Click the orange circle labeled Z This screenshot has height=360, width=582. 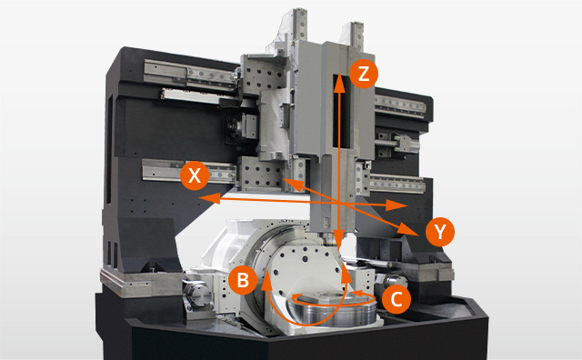pyautogui.click(x=363, y=75)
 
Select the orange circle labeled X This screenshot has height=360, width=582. pyautogui.click(x=195, y=175)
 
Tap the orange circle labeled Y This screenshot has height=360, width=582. pyautogui.click(x=440, y=233)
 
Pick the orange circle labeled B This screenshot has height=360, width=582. pyautogui.click(x=242, y=279)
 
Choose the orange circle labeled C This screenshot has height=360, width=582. pyautogui.click(x=395, y=296)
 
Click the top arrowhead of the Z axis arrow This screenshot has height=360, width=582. pyautogui.click(x=339, y=81)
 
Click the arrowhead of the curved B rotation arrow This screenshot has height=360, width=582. pyautogui.click(x=268, y=281)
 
